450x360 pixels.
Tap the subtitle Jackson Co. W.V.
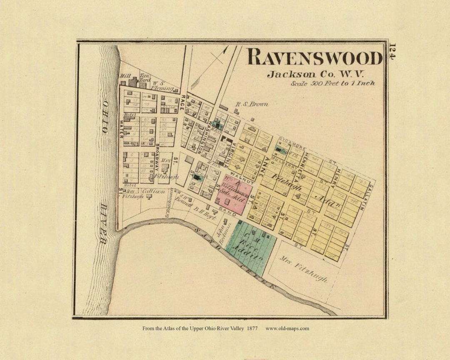316,75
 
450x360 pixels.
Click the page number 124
393,52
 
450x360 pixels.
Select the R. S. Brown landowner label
252,104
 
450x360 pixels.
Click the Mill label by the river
125,76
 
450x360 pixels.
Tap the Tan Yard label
145,77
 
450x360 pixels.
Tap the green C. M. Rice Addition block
252,248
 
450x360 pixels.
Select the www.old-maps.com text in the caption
287,328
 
